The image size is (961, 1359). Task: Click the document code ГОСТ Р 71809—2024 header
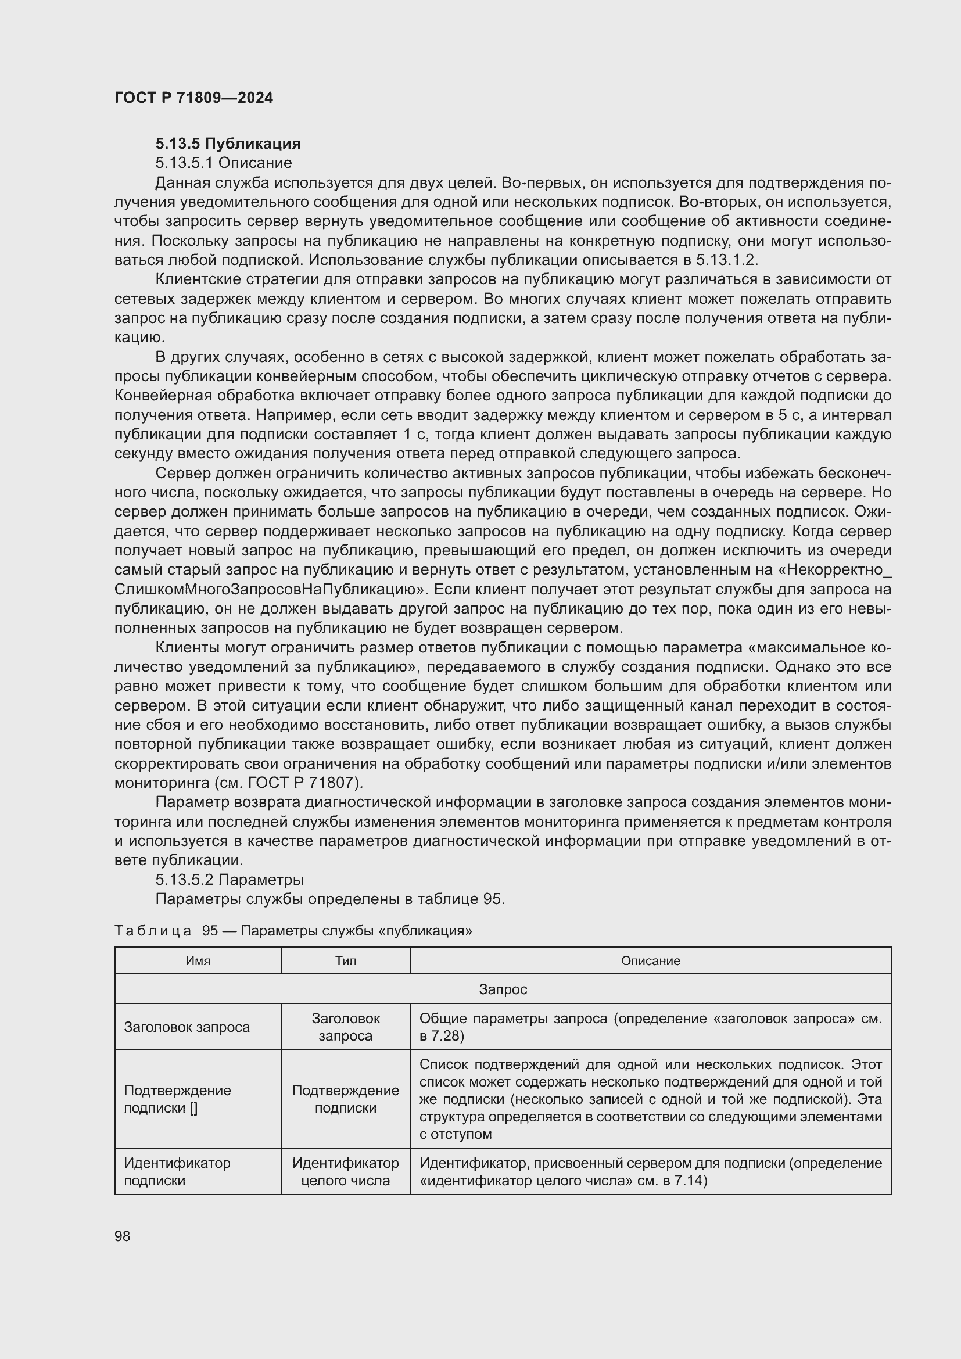(x=193, y=98)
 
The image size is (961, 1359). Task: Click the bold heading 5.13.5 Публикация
(x=228, y=144)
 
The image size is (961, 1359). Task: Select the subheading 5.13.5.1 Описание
(x=223, y=163)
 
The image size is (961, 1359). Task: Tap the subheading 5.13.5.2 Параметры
(x=229, y=880)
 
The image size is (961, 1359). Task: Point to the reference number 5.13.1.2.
(x=726, y=260)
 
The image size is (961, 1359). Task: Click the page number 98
(x=123, y=1236)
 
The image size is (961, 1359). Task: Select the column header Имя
(x=198, y=960)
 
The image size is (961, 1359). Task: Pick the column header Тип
(x=346, y=960)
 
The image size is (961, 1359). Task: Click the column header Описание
(x=650, y=960)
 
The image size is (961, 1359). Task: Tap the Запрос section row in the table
(x=503, y=989)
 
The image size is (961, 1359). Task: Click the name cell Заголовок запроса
(x=187, y=1027)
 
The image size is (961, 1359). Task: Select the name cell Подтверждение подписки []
(x=177, y=1099)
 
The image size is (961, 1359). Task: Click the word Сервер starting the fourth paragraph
(x=183, y=473)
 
